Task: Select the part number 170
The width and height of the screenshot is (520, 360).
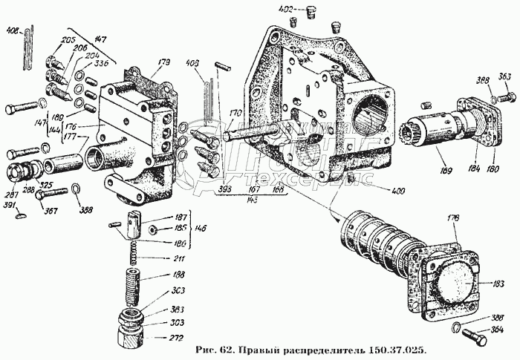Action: coord(235,114)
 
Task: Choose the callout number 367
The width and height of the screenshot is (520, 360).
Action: coord(51,210)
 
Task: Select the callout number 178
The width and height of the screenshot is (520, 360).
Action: coord(452,218)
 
